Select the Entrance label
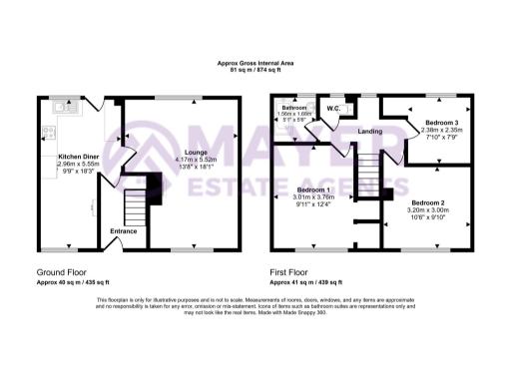tap(125, 230)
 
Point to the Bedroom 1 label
tap(314, 189)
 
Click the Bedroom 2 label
tap(427, 202)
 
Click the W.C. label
tap(334, 107)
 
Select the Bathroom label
tap(293, 107)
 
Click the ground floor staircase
tap(134, 204)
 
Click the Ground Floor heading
tap(61, 269)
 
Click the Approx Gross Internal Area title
tap(255, 63)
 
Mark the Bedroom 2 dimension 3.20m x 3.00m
tap(427, 211)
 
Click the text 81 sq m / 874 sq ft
tap(255, 71)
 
